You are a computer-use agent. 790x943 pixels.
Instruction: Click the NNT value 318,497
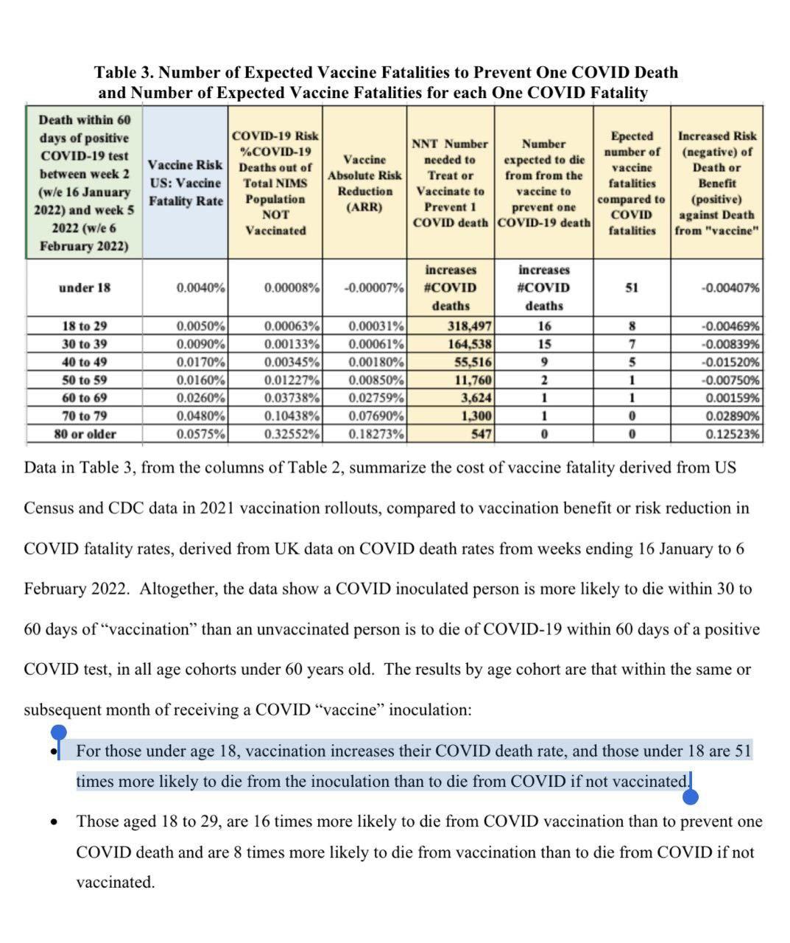tap(470, 326)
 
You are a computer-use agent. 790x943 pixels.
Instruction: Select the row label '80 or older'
tap(85, 434)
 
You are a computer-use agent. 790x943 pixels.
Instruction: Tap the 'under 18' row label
tap(85, 287)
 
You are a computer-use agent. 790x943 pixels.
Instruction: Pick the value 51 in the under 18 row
tap(632, 287)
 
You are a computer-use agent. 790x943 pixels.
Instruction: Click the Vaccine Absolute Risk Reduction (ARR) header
tap(364, 183)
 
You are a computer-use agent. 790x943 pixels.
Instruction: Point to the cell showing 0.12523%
tap(732, 434)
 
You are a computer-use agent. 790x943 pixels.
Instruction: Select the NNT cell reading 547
tap(481, 434)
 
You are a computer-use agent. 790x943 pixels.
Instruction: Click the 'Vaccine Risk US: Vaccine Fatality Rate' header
tap(185, 183)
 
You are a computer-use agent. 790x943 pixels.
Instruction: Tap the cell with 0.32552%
tap(292, 434)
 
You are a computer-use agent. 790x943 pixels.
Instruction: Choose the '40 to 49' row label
tap(85, 362)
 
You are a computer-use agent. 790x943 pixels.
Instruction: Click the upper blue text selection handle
tap(58, 733)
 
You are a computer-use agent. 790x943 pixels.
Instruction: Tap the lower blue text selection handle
tap(691, 795)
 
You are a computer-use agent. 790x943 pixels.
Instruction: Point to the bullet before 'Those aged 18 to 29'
tap(54, 821)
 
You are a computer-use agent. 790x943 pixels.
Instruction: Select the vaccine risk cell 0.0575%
tap(200, 434)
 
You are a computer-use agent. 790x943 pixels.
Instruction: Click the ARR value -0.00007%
tap(374, 287)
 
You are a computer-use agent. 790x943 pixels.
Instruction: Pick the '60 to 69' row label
tap(85, 398)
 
